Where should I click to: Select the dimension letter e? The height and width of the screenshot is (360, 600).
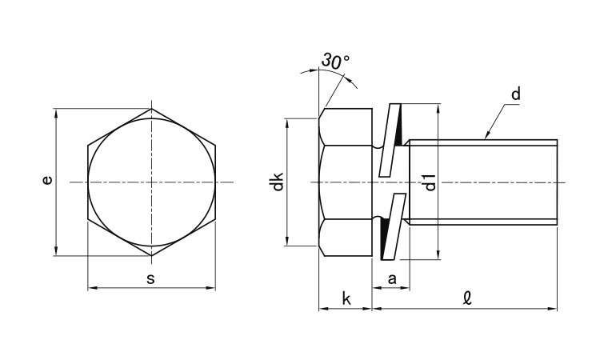pyautogui.click(x=47, y=182)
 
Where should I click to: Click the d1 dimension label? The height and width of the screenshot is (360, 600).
pyautogui.click(x=430, y=182)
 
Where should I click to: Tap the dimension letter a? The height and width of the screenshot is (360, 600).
pyautogui.click(x=392, y=278)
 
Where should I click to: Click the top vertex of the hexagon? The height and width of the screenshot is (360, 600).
pyautogui.click(x=151, y=109)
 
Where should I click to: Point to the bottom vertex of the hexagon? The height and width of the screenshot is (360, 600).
pyautogui.click(x=151, y=256)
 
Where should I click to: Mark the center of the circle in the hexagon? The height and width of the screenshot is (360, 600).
pyautogui.click(x=151, y=182)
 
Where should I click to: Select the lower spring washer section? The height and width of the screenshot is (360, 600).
pyautogui.click(x=390, y=227)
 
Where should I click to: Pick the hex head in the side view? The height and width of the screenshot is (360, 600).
pyautogui.click(x=346, y=182)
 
